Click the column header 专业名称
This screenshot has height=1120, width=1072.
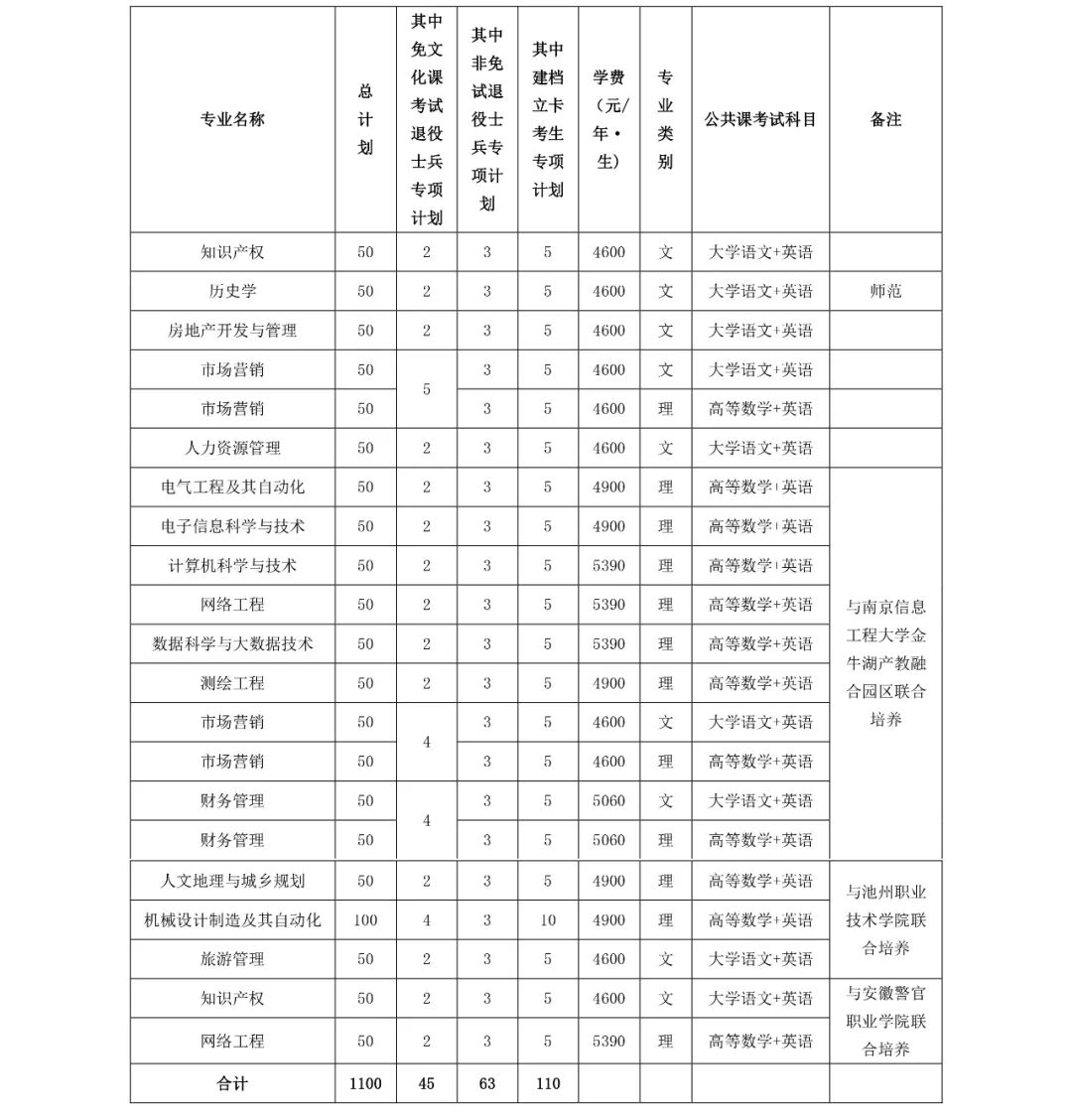tap(232, 119)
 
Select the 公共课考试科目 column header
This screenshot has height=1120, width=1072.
tap(760, 119)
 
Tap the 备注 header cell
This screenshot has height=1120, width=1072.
tap(885, 119)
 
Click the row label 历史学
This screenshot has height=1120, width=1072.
tap(232, 291)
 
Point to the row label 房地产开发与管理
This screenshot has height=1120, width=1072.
tap(232, 331)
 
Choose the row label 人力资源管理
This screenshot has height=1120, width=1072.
tap(232, 448)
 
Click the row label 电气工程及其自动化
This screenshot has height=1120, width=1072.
tap(232, 487)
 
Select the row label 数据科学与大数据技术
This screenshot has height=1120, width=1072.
tap(232, 643)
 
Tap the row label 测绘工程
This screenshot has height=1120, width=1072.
tap(232, 683)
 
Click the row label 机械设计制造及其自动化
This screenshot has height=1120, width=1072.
tap(232, 920)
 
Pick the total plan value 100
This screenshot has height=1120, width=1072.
tap(365, 920)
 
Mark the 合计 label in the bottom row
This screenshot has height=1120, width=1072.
tap(232, 1083)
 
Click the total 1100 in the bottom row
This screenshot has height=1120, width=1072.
tap(365, 1083)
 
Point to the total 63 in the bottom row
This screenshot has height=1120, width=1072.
tap(486, 1083)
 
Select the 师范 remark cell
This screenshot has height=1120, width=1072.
tap(885, 291)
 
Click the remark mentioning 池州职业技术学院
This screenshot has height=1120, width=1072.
tap(885, 919)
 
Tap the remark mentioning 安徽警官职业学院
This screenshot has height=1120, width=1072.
tap(885, 1021)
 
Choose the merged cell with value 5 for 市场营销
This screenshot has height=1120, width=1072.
tap(427, 389)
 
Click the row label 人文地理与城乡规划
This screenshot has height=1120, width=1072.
tap(232, 881)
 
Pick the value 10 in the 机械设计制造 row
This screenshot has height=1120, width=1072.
tap(548, 920)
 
